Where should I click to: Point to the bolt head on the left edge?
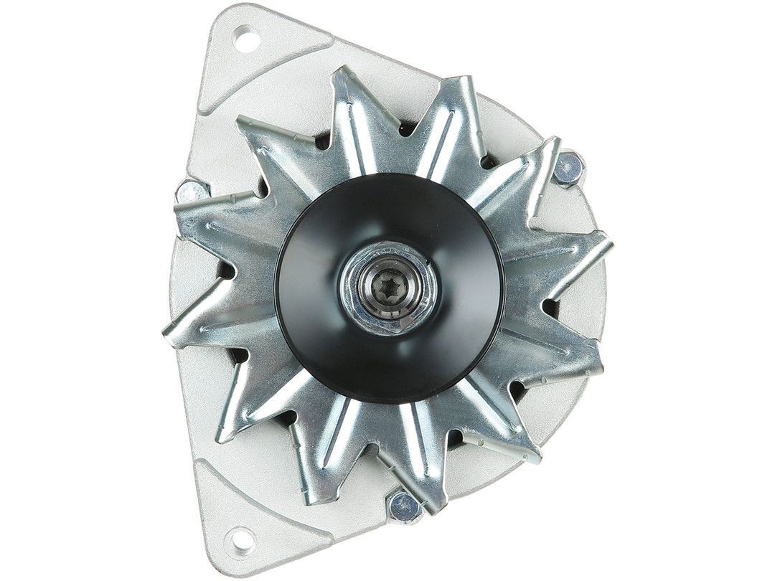(190, 192)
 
